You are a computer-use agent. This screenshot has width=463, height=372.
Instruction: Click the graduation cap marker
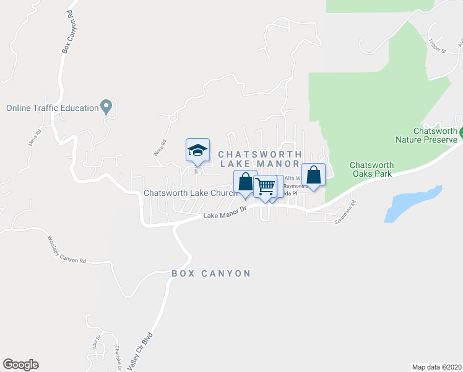click(197, 150)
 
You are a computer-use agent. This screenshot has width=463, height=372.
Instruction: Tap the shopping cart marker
click(266, 187)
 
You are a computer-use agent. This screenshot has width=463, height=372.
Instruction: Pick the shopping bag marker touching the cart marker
click(245, 182)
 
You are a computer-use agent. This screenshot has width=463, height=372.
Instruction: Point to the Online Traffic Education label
click(53, 108)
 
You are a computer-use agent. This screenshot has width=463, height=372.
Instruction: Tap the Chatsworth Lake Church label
click(189, 193)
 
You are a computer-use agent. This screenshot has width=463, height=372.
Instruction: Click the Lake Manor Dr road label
click(225, 214)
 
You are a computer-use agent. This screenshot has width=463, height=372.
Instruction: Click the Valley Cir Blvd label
click(141, 352)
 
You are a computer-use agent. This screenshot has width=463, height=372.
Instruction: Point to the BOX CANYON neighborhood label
click(211, 273)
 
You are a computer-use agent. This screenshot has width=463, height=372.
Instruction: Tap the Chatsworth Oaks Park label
click(371, 169)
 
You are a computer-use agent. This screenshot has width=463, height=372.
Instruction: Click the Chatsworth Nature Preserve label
click(426, 135)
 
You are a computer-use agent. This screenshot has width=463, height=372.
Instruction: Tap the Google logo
click(20, 365)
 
